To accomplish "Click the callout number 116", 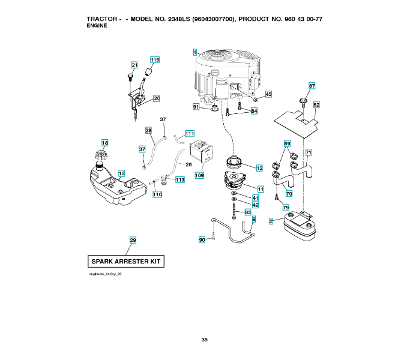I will click(x=155, y=60).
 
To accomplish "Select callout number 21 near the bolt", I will click(x=134, y=65).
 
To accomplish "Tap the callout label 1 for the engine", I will click(x=196, y=53).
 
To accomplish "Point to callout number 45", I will click(x=268, y=94).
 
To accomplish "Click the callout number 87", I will click(x=312, y=86).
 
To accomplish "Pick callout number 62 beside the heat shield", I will click(x=316, y=104).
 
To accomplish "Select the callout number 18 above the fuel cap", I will click(x=105, y=143).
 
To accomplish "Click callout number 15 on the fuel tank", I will click(x=121, y=174).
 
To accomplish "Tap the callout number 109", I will click(x=199, y=176).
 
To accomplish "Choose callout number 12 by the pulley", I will click(x=259, y=168).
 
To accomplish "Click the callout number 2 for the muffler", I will click(x=271, y=222).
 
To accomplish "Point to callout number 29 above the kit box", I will click(x=133, y=240).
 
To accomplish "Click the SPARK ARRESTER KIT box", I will click(x=126, y=262).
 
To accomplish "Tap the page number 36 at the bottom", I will click(x=205, y=340).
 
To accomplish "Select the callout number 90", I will click(x=202, y=239).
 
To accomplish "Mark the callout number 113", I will click(x=180, y=179).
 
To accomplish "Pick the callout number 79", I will click(x=286, y=208).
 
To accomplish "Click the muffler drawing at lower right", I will click(x=298, y=226).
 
